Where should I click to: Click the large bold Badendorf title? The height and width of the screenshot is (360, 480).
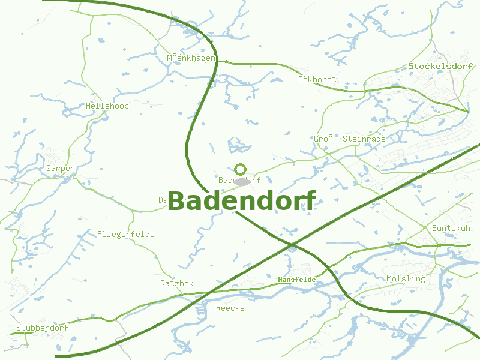tap(242, 201)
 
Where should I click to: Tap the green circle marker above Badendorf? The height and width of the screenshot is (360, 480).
tap(241, 169)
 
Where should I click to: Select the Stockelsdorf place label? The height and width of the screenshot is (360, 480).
tap(440, 66)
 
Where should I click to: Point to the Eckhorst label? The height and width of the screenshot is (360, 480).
tap(317, 79)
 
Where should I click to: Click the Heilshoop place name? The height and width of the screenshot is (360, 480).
tap(107, 106)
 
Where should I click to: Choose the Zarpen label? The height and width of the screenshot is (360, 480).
tap(61, 169)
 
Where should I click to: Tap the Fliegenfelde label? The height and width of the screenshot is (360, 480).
tap(126, 234)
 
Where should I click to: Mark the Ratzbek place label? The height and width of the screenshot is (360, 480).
tap(177, 283)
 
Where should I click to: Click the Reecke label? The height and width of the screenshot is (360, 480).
tap(230, 308)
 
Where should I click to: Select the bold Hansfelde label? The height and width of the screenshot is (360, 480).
tap(296, 280)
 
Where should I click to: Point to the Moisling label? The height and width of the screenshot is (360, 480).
tap(406, 278)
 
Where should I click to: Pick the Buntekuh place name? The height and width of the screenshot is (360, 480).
tap(451, 228)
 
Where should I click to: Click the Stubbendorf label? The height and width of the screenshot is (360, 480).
tap(42, 328)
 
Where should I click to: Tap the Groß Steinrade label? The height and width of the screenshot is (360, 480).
tap(349, 139)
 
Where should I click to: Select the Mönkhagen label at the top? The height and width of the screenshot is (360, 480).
tap(191, 58)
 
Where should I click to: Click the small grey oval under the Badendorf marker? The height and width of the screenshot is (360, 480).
tap(242, 181)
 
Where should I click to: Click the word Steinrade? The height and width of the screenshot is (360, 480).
tap(364, 139)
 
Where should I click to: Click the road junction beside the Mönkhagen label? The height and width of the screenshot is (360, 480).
tap(217, 61)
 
